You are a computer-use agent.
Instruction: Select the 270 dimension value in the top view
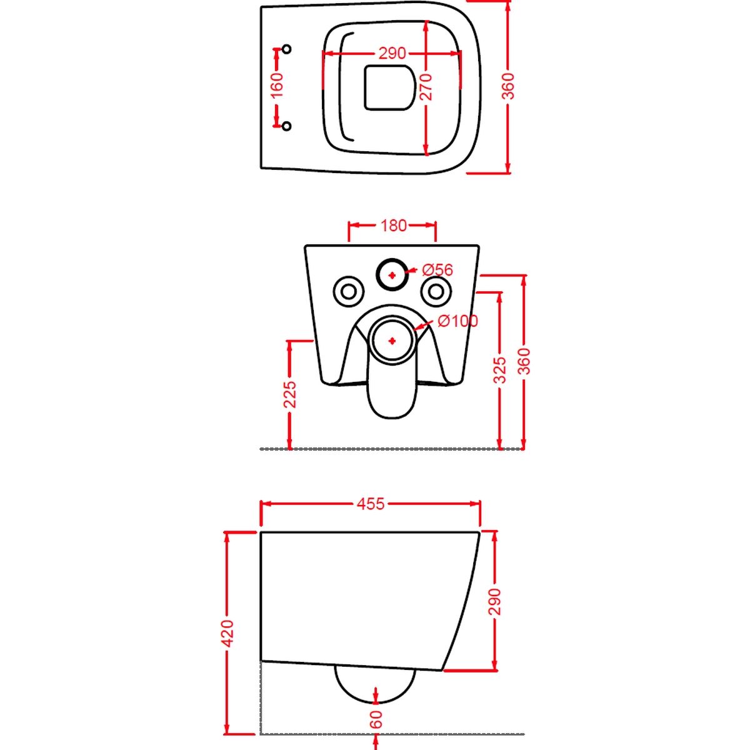tap(427, 87)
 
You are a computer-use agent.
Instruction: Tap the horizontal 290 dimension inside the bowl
tap(392, 53)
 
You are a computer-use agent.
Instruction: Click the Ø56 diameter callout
tap(437, 270)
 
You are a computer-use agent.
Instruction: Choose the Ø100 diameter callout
tap(457, 321)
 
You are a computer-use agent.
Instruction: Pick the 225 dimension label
tap(291, 394)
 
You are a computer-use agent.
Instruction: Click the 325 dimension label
tap(499, 370)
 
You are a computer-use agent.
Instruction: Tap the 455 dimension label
tap(371, 504)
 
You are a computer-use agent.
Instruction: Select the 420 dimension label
tap(227, 634)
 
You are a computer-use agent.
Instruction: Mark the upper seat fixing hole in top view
tap(287, 49)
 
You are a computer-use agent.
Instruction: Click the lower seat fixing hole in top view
tap(287, 126)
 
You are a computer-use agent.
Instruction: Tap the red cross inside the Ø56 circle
tap(392, 275)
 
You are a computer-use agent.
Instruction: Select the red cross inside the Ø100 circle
tap(392, 341)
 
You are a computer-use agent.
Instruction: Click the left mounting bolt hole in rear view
tap(349, 291)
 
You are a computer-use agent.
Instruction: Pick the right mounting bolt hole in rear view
tap(437, 291)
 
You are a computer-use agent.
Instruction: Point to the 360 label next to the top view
tap(509, 86)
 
